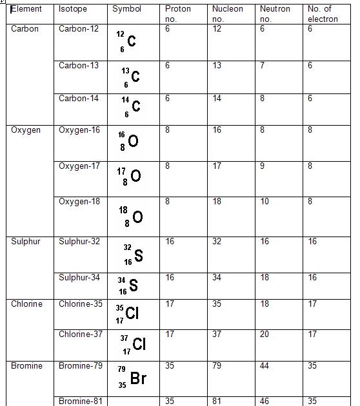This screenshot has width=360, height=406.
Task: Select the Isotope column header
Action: tap(73, 10)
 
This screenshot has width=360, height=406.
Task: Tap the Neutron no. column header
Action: tap(275, 14)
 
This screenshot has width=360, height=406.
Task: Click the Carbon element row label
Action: tap(25, 30)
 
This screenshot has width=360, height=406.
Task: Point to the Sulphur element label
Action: tap(26, 242)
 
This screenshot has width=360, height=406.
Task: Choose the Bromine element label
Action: tap(26, 366)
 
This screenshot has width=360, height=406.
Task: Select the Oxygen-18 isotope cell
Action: tap(79, 202)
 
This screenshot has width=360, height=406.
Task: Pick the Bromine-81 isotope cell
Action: tap(81, 401)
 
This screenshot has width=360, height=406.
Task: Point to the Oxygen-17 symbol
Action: tap(129, 176)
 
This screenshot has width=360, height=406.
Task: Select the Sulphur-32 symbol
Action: tap(134, 255)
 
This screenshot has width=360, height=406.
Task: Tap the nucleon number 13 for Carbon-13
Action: tap(217, 66)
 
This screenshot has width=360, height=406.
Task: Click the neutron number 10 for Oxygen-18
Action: tap(265, 202)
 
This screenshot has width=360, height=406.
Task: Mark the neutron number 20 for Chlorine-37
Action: tap(265, 334)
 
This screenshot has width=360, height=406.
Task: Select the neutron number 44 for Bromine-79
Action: tap(265, 366)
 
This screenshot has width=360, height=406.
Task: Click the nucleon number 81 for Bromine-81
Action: tap(217, 401)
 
